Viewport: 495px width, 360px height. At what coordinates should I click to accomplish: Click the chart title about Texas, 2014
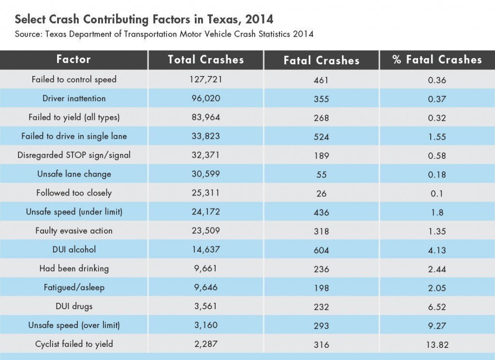144,19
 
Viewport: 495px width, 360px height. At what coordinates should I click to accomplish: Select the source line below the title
164,34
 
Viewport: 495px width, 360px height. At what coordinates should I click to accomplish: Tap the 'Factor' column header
73,60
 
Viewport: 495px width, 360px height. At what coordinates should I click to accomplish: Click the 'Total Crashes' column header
205,60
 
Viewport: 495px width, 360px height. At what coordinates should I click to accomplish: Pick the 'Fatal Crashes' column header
321,60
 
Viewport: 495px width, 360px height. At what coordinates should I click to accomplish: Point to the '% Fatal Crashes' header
437,60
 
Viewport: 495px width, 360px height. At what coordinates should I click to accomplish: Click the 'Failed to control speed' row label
74,79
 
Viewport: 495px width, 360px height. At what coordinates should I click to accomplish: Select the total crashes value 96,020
205,98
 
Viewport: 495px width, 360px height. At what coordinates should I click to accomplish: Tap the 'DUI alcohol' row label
74,250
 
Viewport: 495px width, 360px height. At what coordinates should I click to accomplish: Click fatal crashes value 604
321,250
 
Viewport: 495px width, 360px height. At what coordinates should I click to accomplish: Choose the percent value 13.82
437,345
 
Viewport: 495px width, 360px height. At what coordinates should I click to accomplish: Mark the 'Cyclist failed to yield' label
74,344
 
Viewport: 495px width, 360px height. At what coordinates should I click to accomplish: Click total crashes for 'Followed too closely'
205,193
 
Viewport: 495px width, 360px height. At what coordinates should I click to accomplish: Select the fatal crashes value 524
321,137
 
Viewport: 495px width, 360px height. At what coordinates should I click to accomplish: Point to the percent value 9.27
437,326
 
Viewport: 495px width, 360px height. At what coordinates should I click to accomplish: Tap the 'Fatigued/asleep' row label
74,287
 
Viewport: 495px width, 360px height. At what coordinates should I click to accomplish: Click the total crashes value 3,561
205,306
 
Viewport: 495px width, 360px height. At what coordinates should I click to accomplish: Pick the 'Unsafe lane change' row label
74,174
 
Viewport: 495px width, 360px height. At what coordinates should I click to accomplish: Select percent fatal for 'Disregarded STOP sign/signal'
437,156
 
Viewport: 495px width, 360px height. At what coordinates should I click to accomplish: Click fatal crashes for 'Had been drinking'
321,269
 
